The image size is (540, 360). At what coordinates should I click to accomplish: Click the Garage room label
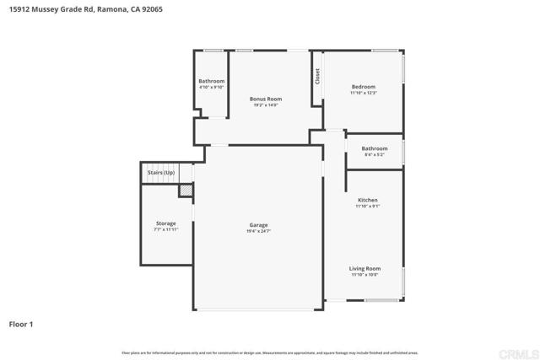point(258,224)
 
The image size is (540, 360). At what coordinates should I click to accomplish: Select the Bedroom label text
point(363,87)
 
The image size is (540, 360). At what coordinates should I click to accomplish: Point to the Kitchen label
point(367,200)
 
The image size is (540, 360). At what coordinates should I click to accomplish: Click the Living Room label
point(364,268)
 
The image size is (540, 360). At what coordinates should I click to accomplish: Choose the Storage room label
point(165,223)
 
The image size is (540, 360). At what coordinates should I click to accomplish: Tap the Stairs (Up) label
point(160,172)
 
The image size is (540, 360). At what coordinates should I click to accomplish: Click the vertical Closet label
point(317,76)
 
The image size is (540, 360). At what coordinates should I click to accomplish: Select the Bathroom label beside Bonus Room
point(212,81)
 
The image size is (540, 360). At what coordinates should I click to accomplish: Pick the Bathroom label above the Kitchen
point(375,148)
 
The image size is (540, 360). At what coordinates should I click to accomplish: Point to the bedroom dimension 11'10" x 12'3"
point(363,93)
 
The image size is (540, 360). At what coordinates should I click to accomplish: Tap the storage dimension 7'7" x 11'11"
point(165,229)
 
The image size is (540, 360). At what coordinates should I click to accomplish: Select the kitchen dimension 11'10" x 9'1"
point(367,206)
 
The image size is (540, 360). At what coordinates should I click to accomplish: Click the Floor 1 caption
point(21,324)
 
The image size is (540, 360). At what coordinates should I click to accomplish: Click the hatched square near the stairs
point(185,191)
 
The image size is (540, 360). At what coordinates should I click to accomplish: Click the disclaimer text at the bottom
point(269,352)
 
